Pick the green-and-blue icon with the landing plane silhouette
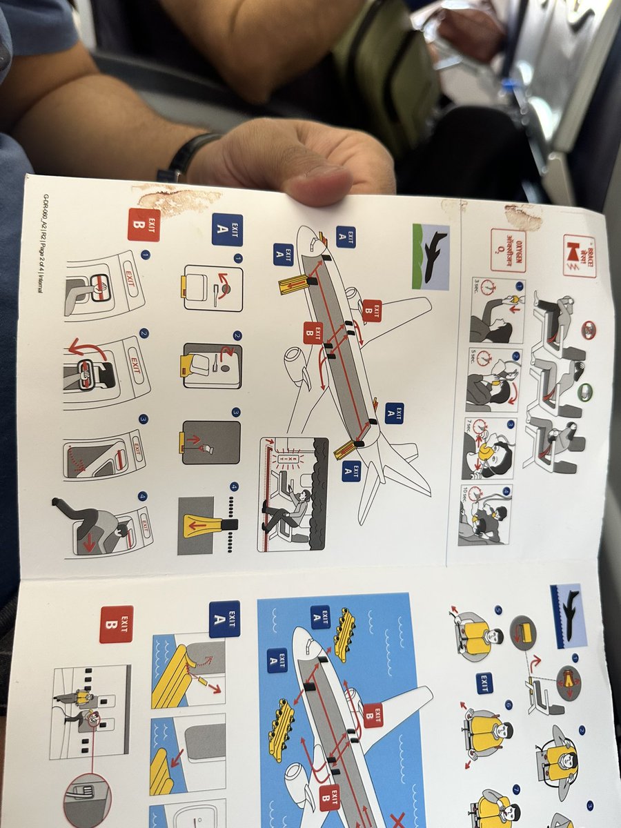coord(430,256)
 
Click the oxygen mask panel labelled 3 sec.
coord(496,310)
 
